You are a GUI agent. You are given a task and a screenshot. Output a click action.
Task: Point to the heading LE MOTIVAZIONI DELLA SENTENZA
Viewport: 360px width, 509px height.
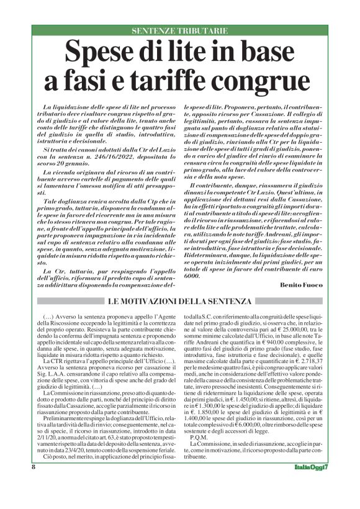(x=180, y=301)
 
